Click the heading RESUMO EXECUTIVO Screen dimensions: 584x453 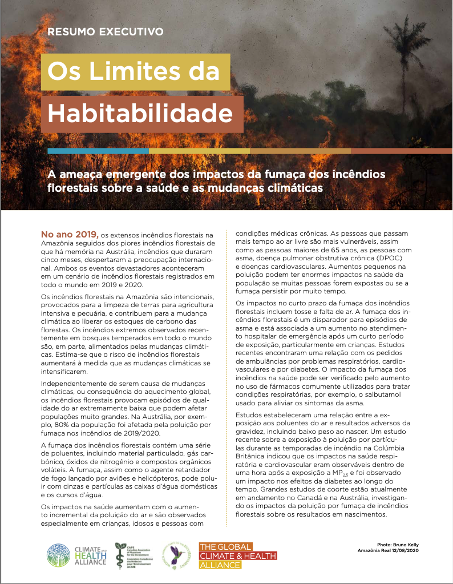[106, 31]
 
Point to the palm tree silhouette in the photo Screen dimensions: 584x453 [401, 43]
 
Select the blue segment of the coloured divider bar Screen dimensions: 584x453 [98, 151]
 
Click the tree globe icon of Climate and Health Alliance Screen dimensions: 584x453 [58, 555]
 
